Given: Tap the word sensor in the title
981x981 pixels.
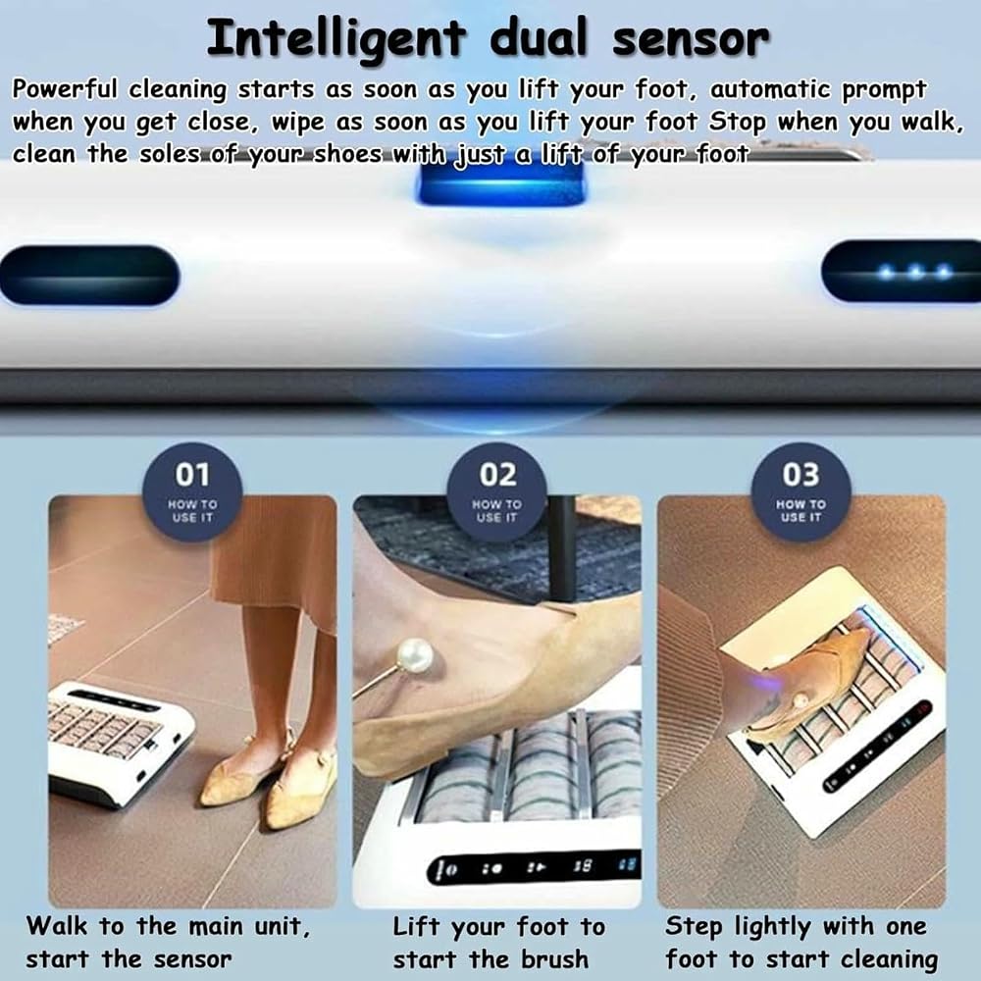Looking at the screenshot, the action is click(x=691, y=39).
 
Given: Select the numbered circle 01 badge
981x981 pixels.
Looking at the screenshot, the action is click(x=192, y=491).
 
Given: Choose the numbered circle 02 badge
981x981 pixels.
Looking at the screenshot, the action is click(x=496, y=491).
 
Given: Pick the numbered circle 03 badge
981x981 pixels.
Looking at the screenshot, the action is click(x=800, y=491).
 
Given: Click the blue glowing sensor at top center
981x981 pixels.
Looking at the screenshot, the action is click(x=500, y=184).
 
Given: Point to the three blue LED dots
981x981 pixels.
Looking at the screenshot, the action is click(x=915, y=272).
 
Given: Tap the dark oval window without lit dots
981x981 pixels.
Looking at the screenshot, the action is click(x=89, y=276).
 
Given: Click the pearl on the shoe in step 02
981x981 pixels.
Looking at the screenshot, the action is click(x=415, y=656).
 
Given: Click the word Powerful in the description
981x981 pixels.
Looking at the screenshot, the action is click(x=65, y=89).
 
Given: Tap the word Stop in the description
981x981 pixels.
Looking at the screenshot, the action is click(x=737, y=123).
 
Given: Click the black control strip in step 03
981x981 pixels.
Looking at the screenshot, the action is click(x=878, y=747).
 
